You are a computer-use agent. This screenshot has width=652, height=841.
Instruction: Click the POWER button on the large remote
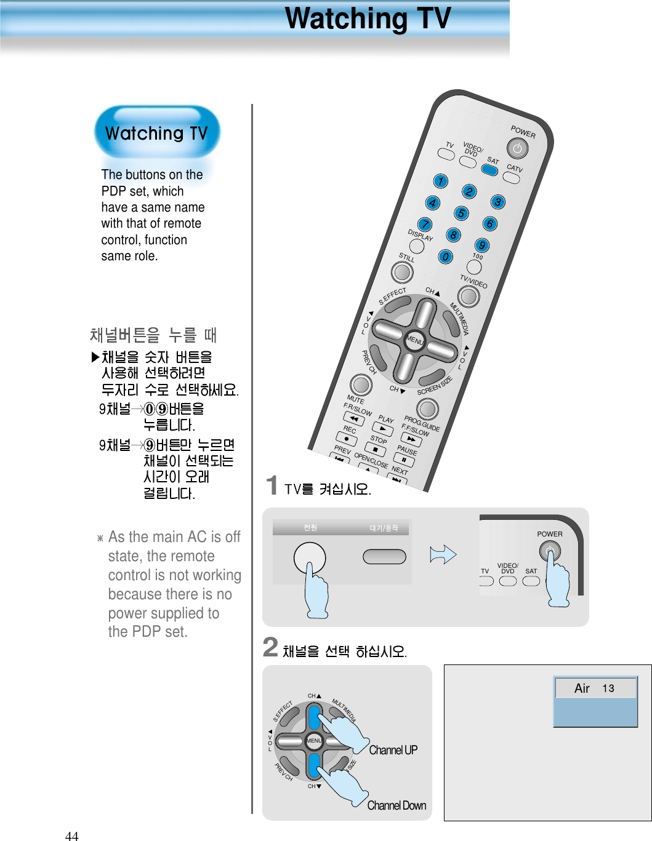click(x=517, y=148)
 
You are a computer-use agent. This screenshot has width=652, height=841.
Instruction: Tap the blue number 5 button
click(x=461, y=213)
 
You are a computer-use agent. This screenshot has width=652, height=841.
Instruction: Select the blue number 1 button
click(x=440, y=181)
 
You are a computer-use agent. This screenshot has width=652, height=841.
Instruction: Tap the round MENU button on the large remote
click(x=414, y=340)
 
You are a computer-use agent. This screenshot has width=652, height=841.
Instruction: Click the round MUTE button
click(x=361, y=385)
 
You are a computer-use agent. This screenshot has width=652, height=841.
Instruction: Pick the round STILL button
click(x=403, y=271)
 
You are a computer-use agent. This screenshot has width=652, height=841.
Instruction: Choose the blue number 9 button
click(x=482, y=245)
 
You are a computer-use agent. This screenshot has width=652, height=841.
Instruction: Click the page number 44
click(x=71, y=835)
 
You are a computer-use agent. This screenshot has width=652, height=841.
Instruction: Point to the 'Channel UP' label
click(x=393, y=750)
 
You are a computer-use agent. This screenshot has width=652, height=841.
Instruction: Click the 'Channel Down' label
click(x=396, y=805)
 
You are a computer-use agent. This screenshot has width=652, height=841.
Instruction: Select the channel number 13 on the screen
click(x=608, y=688)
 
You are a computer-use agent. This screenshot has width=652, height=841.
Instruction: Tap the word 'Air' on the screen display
click(x=582, y=688)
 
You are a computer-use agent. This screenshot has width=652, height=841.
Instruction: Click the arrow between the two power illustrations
click(x=443, y=555)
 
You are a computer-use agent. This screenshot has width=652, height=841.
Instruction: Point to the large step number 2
click(x=270, y=647)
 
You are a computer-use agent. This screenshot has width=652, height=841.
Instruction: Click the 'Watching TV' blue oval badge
click(x=157, y=132)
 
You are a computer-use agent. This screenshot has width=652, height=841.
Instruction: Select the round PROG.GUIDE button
click(x=427, y=409)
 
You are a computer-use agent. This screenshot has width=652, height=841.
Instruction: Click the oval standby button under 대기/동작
click(x=384, y=557)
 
